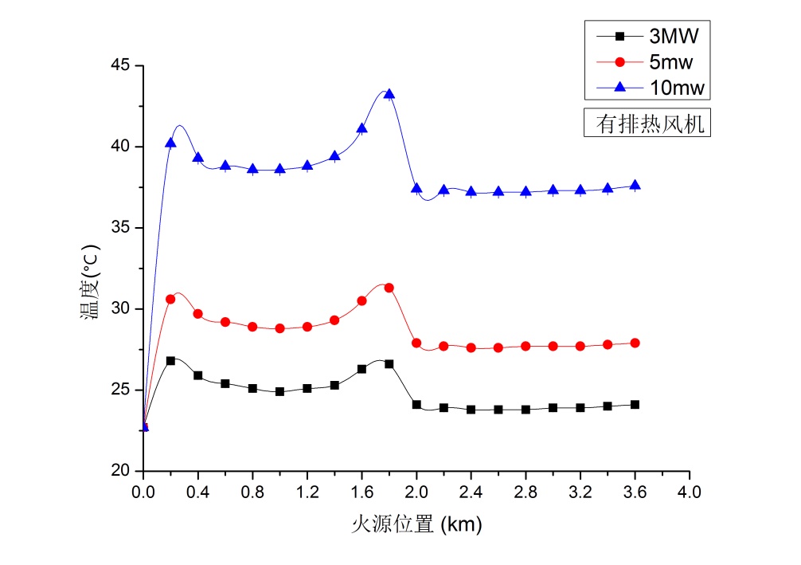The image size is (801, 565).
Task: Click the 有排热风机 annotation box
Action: click(646, 124)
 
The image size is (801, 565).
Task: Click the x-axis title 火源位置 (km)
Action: click(417, 524)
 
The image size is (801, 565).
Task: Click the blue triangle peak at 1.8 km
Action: click(389, 94)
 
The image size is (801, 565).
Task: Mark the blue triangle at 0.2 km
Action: click(170, 143)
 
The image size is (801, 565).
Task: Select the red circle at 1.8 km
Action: click(389, 288)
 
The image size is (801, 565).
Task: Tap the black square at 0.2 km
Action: click(170, 361)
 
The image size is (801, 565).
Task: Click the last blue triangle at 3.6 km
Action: click(635, 185)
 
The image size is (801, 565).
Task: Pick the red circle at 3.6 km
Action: click(635, 343)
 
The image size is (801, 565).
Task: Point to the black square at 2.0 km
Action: click(416, 405)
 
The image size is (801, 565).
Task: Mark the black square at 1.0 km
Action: click(279, 392)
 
